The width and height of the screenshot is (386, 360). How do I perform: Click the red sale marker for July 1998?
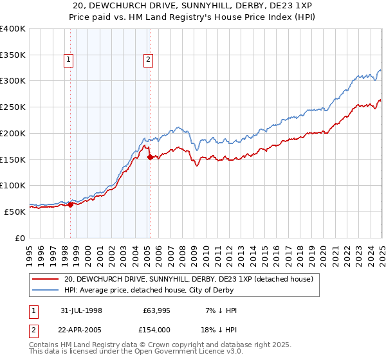pyautogui.click(x=70, y=205)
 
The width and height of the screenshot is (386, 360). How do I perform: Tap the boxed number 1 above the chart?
pyautogui.click(x=69, y=60)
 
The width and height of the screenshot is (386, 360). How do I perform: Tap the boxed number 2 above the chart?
pyautogui.click(x=149, y=60)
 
